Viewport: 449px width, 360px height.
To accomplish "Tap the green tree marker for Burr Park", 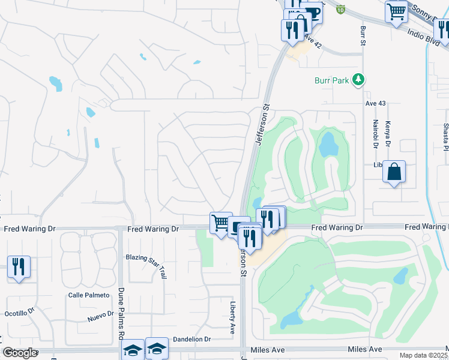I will (358, 79).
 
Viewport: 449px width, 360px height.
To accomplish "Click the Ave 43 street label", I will (375, 103).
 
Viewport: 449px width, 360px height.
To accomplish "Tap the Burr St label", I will (363, 35).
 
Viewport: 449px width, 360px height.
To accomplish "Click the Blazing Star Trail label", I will (146, 257).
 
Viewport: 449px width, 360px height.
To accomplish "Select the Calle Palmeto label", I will (89, 295).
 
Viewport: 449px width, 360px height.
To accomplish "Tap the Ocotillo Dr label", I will (20, 313).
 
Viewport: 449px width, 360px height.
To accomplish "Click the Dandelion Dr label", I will (191, 339).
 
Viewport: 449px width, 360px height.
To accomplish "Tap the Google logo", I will (20, 353).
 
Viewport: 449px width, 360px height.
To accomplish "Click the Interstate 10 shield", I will (341, 10).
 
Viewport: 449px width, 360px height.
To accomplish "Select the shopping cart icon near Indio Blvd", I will (396, 10).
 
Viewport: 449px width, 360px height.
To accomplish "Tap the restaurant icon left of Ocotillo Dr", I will (19, 266).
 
